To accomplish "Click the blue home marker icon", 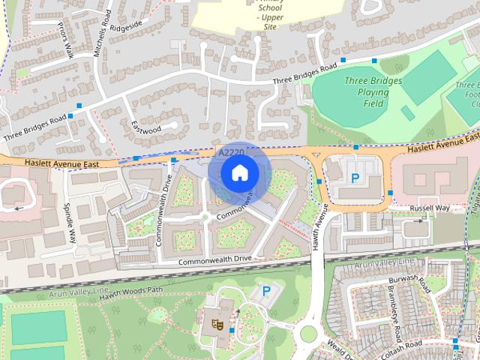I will (238, 173).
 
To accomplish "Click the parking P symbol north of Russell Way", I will (355, 178).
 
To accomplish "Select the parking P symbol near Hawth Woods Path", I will (265, 290).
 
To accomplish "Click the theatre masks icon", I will (217, 325).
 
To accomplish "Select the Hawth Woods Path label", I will (132, 292).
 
